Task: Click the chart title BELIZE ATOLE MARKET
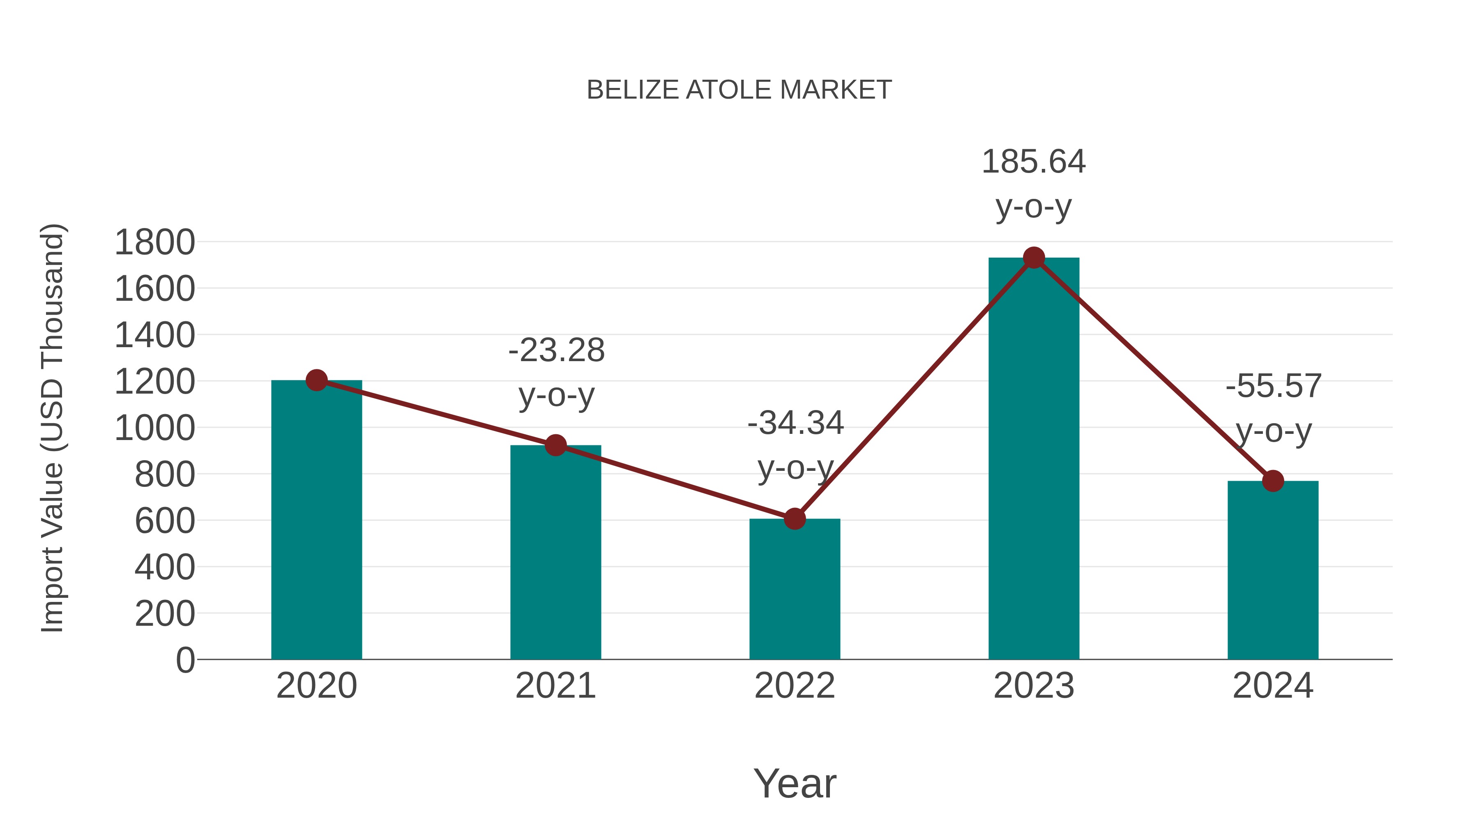[x=739, y=90]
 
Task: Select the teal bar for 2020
[x=316, y=520]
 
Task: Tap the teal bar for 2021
[x=555, y=552]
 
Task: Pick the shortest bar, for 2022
[x=795, y=588]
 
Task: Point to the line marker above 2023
[x=1034, y=258]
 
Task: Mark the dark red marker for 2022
[x=795, y=519]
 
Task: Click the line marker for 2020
[x=316, y=380]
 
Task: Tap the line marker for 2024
[x=1273, y=481]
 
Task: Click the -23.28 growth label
[x=556, y=350]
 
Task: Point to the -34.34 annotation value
[x=795, y=423]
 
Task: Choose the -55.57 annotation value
[x=1274, y=386]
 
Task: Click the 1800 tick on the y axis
[x=154, y=242]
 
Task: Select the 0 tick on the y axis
[x=185, y=660]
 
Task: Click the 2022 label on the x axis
[x=795, y=686]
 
